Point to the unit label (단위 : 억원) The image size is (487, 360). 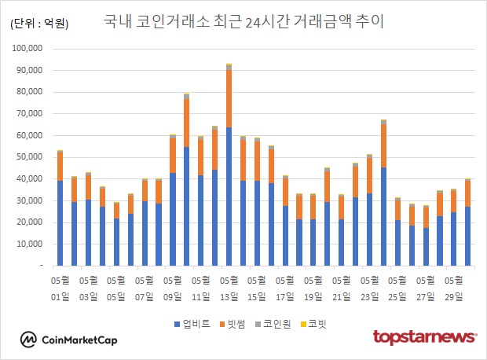pyautogui.click(x=39, y=24)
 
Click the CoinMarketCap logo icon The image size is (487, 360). pyautogui.click(x=28, y=340)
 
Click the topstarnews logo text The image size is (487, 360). pyautogui.click(x=424, y=338)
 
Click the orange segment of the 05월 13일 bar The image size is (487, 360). pyautogui.click(x=229, y=99)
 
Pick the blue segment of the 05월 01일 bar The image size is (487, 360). pyautogui.click(x=60, y=223)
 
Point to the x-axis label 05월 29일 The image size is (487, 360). pyautogui.click(x=454, y=288)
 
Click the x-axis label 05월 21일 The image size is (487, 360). pyautogui.click(x=341, y=288)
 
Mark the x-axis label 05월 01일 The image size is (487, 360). pyautogui.click(x=60, y=288)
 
